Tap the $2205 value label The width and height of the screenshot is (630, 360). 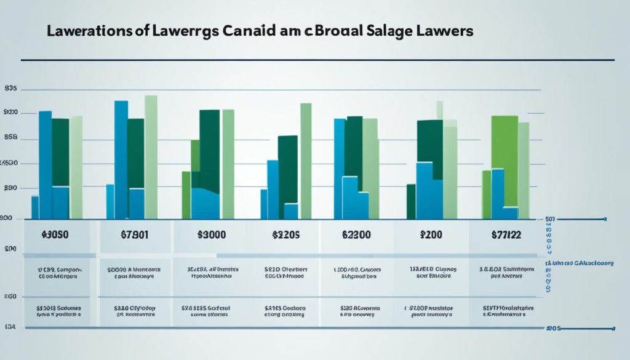click(x=285, y=234)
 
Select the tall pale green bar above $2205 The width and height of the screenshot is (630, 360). click(x=305, y=160)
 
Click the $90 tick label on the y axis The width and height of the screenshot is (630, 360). click(x=10, y=188)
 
